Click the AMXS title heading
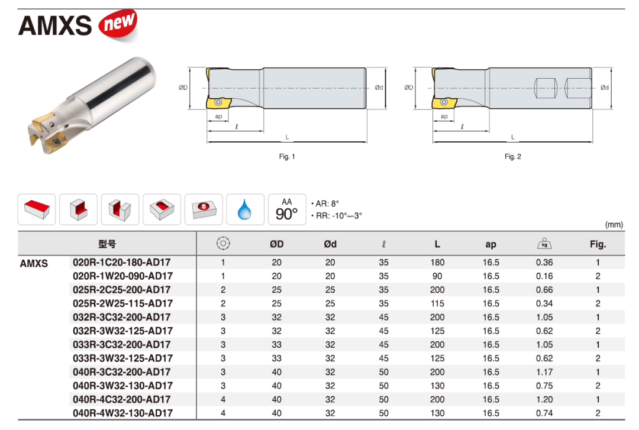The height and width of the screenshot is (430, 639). click(55, 25)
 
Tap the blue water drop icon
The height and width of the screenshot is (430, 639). click(244, 209)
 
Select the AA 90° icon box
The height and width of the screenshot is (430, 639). click(287, 209)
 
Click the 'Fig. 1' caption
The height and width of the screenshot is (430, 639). click(287, 157)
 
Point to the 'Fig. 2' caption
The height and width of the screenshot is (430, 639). click(512, 157)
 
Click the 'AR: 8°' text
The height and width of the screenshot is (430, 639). click(325, 203)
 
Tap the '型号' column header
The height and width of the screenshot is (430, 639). click(107, 244)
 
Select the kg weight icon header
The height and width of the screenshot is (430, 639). click(544, 243)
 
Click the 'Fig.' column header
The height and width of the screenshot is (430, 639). click(598, 244)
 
